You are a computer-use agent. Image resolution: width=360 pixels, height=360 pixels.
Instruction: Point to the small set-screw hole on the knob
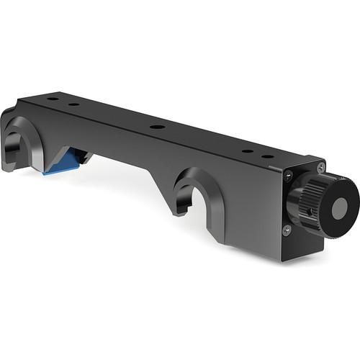click(x=311, y=212)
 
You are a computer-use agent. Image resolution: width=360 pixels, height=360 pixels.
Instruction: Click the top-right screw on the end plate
click(x=321, y=168)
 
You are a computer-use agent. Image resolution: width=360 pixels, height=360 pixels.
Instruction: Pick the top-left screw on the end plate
click(x=287, y=174)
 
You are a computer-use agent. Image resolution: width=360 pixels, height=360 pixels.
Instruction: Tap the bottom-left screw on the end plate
click(x=287, y=230)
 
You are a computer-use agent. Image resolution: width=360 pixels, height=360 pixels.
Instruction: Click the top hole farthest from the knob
click(x=53, y=99)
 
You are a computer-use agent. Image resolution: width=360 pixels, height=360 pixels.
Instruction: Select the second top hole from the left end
click(x=74, y=104)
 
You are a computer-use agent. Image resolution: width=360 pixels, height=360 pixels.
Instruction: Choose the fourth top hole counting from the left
click(x=247, y=151)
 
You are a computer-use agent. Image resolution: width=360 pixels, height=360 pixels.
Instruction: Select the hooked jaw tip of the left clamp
click(x=9, y=162)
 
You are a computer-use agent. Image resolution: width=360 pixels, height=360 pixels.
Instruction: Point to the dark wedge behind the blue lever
click(x=82, y=156)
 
